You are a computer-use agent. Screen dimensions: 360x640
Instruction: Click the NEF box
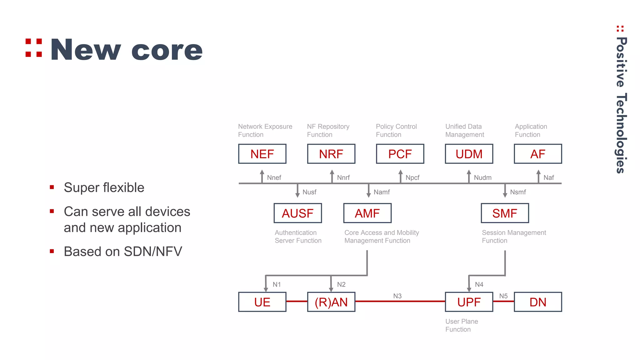pyautogui.click(x=262, y=154)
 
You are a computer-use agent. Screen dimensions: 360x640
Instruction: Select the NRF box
pyautogui.click(x=331, y=154)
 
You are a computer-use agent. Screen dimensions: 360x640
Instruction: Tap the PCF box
pyautogui.click(x=400, y=154)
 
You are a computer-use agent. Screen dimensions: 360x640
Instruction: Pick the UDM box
pyautogui.click(x=469, y=154)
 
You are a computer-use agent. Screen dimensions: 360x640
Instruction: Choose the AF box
pyautogui.click(x=538, y=154)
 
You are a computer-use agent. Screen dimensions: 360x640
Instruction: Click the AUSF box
pyautogui.click(x=297, y=213)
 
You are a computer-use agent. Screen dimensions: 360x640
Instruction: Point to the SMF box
pyautogui.click(x=505, y=213)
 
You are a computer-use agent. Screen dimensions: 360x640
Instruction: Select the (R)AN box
pyautogui.click(x=331, y=302)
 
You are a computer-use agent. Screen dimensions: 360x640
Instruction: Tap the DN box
pyautogui.click(x=538, y=302)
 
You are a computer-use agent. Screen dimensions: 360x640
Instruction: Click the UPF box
pyautogui.click(x=469, y=302)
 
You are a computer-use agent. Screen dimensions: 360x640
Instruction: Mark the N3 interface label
pyautogui.click(x=397, y=296)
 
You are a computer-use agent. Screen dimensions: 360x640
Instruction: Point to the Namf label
pyautogui.click(x=382, y=192)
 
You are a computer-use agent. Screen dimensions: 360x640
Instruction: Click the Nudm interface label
pyautogui.click(x=482, y=178)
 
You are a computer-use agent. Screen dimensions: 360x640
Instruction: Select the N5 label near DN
pyautogui.click(x=503, y=296)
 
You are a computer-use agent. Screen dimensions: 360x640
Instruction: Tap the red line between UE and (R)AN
pyautogui.click(x=297, y=301)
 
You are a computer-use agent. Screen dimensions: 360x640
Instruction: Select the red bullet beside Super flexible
pyautogui.click(x=52, y=187)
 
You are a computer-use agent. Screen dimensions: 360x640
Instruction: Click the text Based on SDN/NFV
pyautogui.click(x=123, y=252)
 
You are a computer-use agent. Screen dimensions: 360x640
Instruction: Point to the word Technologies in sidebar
pyautogui.click(x=621, y=133)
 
